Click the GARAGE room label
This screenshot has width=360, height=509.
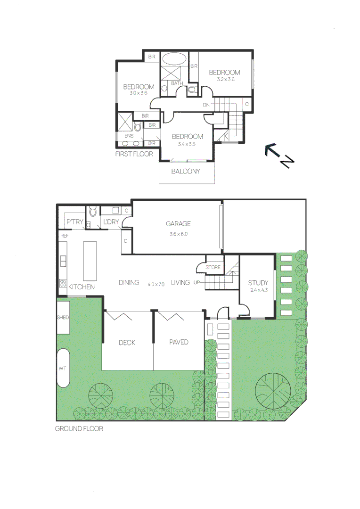(178, 224)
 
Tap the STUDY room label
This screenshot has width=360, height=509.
(258, 283)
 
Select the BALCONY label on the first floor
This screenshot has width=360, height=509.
(185, 171)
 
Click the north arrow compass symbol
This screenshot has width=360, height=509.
(278, 155)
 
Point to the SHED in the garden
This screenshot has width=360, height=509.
(63, 318)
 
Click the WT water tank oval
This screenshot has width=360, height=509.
(63, 368)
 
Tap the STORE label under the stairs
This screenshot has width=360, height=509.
(213, 267)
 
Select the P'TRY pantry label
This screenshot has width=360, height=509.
(74, 222)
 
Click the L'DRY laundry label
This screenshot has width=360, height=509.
(111, 222)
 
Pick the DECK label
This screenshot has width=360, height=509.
(127, 342)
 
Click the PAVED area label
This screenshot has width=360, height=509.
(179, 342)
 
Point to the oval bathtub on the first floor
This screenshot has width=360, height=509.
(174, 59)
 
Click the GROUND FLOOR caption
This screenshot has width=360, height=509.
(79, 429)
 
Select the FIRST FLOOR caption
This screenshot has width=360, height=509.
(134, 154)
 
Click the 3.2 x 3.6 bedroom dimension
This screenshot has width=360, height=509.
(225, 80)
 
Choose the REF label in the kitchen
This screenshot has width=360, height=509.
(64, 235)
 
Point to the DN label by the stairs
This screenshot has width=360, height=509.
(206, 105)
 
